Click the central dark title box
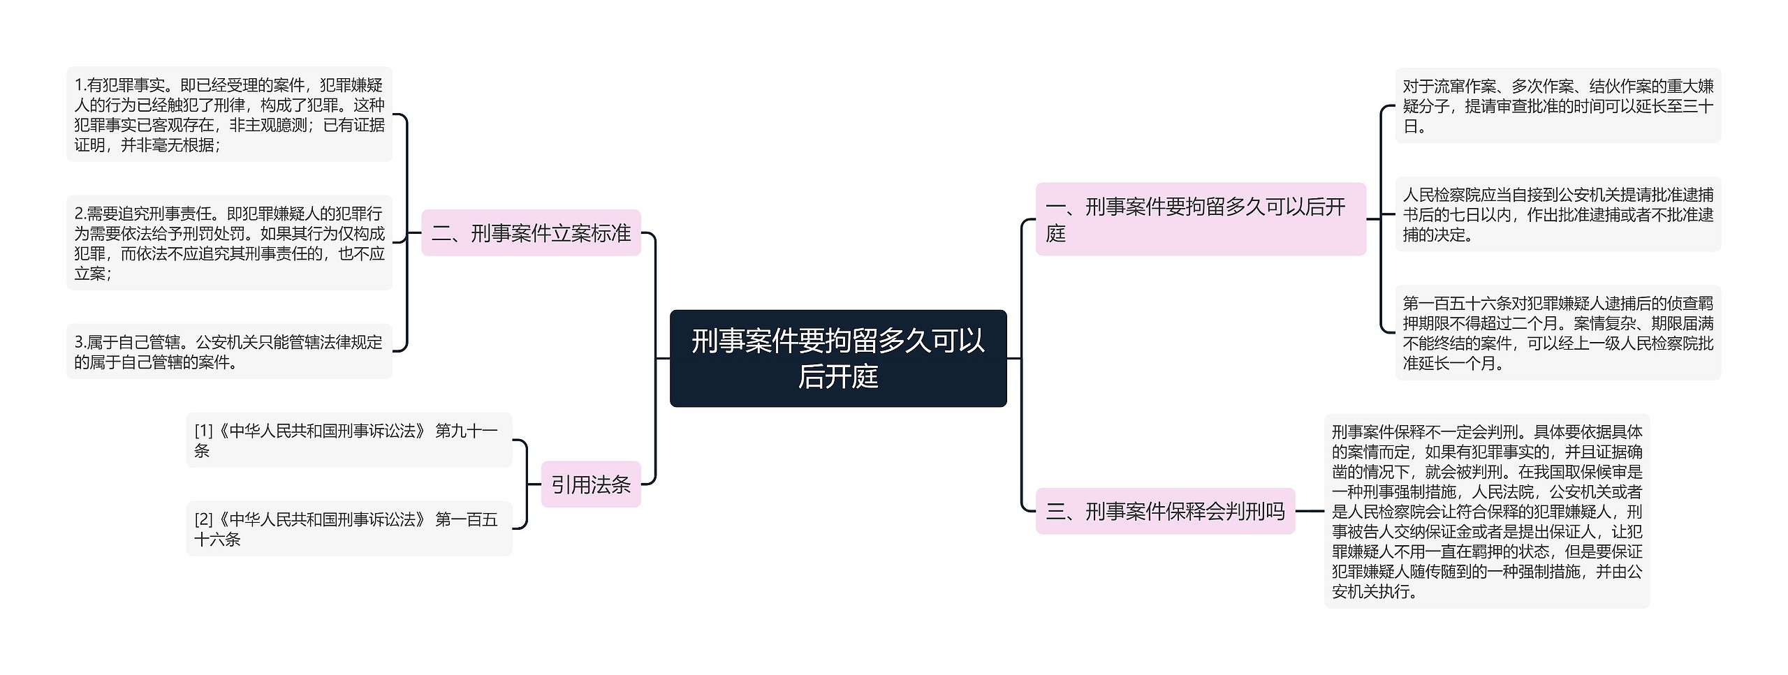(x=837, y=358)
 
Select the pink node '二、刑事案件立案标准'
(x=531, y=232)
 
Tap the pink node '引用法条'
(x=590, y=484)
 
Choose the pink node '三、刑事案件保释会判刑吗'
(x=1164, y=512)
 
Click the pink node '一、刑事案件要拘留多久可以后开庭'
(x=1200, y=219)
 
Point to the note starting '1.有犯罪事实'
(x=229, y=114)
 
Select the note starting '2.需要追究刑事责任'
(x=229, y=243)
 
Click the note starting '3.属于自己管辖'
(x=229, y=352)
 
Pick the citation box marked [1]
(x=349, y=440)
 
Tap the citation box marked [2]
(x=349, y=528)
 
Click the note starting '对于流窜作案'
(x=1558, y=106)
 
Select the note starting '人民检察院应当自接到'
(x=1558, y=214)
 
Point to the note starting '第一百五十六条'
(x=1558, y=333)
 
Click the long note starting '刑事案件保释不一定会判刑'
(x=1486, y=511)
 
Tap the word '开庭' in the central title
(x=838, y=377)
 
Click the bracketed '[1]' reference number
(x=203, y=431)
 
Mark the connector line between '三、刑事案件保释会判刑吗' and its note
(x=1310, y=511)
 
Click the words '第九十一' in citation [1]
(x=466, y=431)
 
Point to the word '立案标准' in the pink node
(x=590, y=232)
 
